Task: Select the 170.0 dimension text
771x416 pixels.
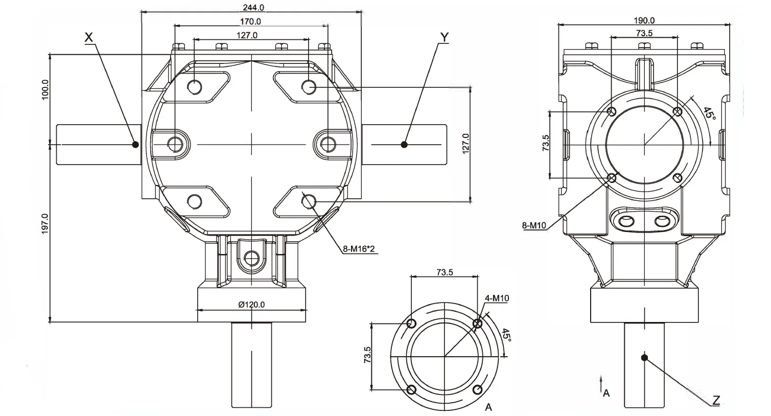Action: tap(251, 21)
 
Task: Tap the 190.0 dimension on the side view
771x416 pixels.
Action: tap(644, 20)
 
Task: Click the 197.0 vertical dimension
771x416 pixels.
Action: tap(45, 223)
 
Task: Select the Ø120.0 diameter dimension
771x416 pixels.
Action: tap(251, 305)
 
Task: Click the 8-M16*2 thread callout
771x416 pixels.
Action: tap(360, 249)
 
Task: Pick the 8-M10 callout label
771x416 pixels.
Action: tap(534, 225)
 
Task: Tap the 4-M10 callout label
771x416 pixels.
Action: tap(496, 298)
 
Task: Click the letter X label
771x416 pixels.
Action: tap(89, 37)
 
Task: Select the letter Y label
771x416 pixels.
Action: tap(444, 37)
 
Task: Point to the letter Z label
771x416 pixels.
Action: tap(716, 400)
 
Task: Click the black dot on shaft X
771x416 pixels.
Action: tap(135, 145)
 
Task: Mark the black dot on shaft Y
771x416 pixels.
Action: tap(404, 145)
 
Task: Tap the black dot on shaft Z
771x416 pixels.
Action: tap(645, 357)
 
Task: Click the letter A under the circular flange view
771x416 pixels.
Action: tap(488, 407)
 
